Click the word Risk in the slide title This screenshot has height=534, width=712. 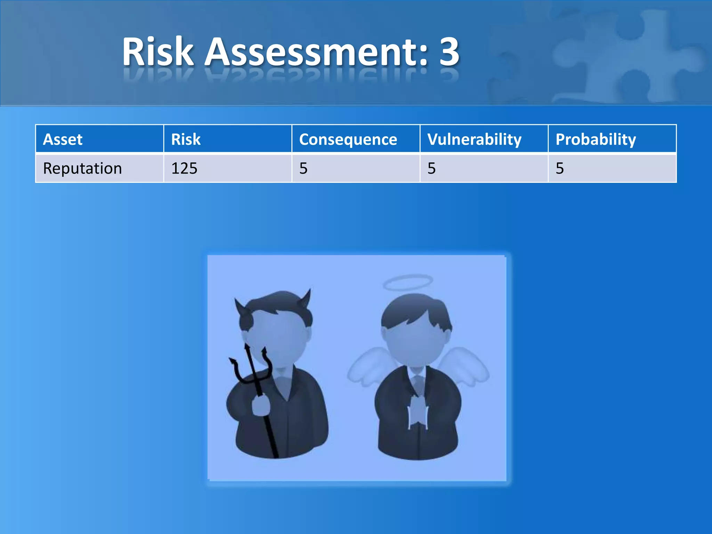(158, 52)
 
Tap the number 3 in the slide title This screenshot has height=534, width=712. (449, 52)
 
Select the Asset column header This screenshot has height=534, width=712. (63, 139)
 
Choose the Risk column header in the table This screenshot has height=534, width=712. (186, 139)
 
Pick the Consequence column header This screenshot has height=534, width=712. (348, 139)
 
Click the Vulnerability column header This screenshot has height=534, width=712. (475, 139)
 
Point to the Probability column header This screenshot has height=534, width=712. (596, 139)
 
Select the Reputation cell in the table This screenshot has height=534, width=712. (82, 169)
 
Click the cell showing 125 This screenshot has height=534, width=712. (184, 169)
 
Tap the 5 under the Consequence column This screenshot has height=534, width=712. (304, 169)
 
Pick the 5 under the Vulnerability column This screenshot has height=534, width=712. (431, 169)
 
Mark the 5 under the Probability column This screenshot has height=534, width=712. (560, 169)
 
